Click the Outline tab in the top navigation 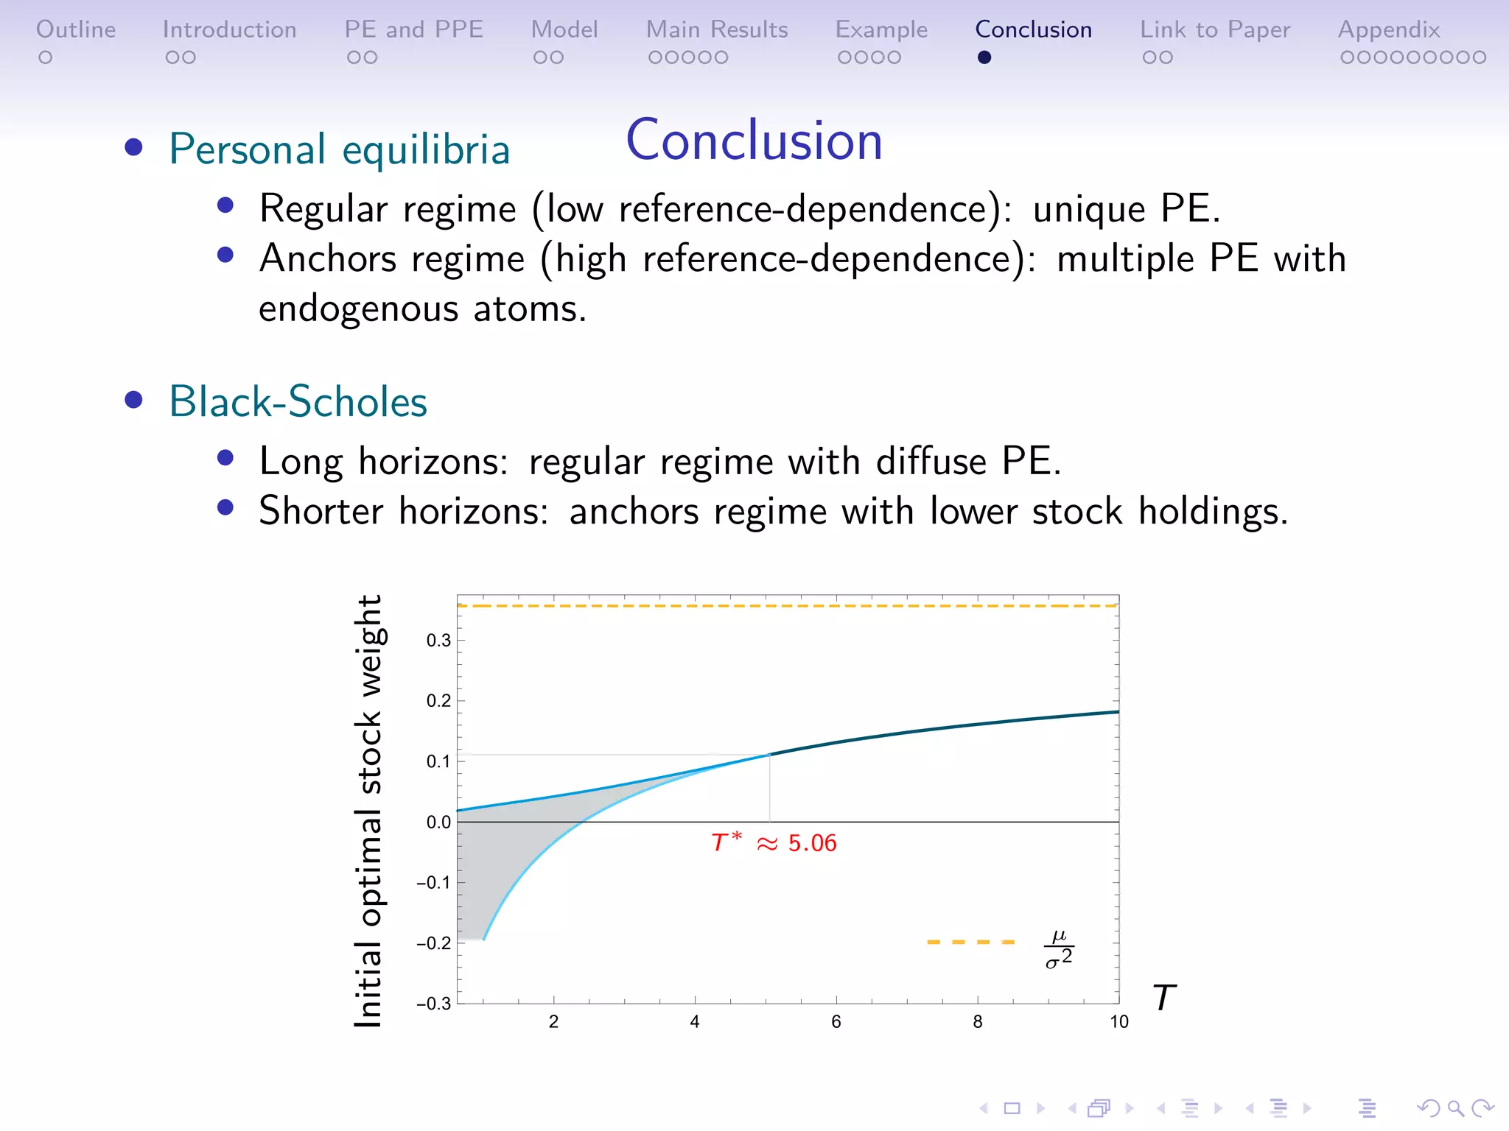pos(76,29)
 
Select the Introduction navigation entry pos(229,29)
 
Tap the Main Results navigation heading pos(716,29)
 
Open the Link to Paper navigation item pos(1215,29)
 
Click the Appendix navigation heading pos(1389,29)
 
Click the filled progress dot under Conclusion pos(984,57)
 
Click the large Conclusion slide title pos(754,140)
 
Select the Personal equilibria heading pos(339,149)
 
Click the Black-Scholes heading pos(298,402)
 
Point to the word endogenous pos(358,309)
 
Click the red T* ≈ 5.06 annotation pos(774,843)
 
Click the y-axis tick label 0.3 pos(438,641)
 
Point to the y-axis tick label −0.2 pos(433,943)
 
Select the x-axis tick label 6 pos(836,1022)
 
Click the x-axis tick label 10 pos(1118,1022)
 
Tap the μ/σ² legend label pos(1059,949)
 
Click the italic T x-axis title pos(1163,998)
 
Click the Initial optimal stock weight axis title pos(368,810)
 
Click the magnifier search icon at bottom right pos(1455,1108)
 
